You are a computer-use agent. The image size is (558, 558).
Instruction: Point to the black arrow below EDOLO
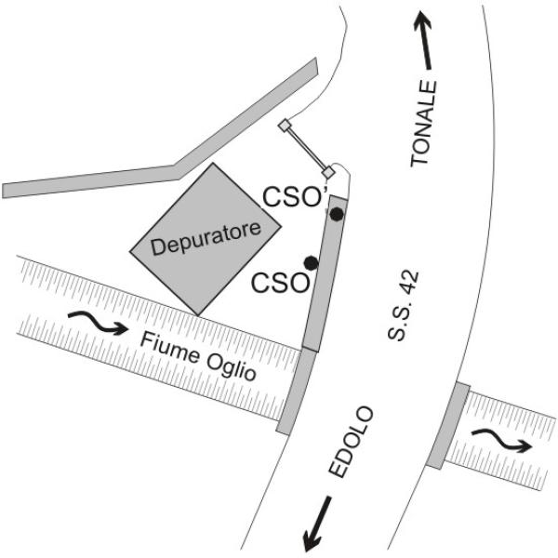(317, 524)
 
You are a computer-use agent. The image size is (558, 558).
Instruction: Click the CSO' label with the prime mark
(292, 198)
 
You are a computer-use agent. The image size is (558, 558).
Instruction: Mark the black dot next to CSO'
(336, 215)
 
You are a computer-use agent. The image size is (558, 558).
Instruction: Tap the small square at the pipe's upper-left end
(286, 126)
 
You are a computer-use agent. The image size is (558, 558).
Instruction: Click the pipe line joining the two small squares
(306, 149)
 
